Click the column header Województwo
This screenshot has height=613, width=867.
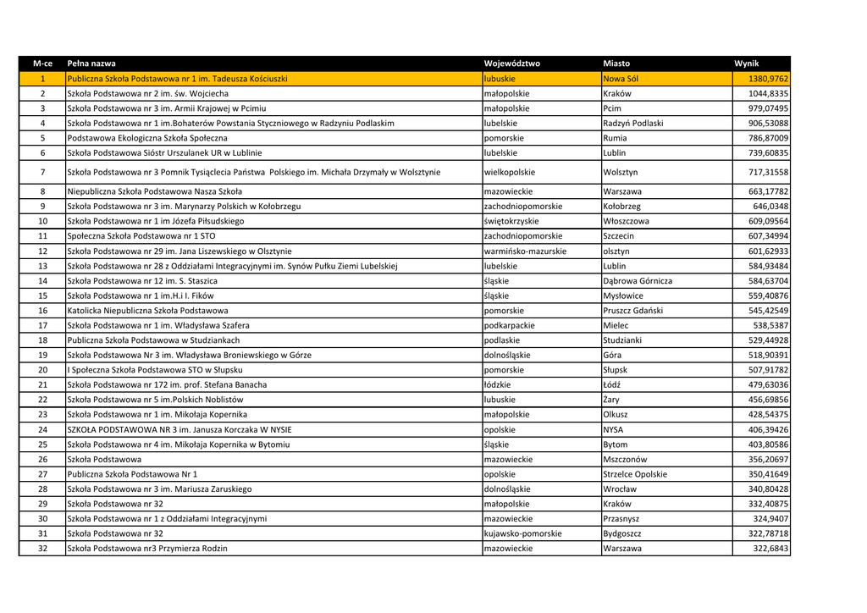[x=511, y=64]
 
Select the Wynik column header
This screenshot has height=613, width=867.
[x=747, y=64]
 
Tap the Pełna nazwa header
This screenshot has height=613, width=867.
[x=91, y=64]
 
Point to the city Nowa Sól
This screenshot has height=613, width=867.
[x=621, y=79]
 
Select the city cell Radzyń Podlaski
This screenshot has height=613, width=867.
[x=633, y=123]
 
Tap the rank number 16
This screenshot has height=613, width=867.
[x=42, y=311]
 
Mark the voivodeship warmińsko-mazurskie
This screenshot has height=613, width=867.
[x=525, y=251]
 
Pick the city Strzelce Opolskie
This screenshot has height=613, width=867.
[x=635, y=474]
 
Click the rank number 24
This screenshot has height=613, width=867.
[x=42, y=429]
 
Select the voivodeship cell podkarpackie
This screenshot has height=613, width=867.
[x=509, y=325]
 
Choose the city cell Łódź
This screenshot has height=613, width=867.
[x=612, y=384]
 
